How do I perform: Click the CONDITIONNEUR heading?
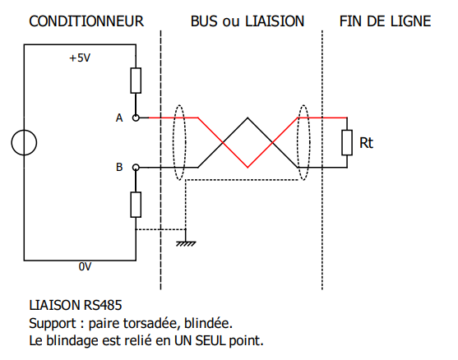pyautogui.click(x=86, y=21)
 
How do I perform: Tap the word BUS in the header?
pyautogui.click(x=204, y=21)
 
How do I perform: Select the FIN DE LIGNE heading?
pyautogui.click(x=385, y=21)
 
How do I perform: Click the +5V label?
pyautogui.click(x=80, y=58)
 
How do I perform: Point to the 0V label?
pyautogui.click(x=85, y=266)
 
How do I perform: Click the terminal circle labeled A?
pyautogui.click(x=136, y=118)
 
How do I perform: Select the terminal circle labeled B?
pyautogui.click(x=136, y=168)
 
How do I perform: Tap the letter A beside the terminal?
pyautogui.click(x=119, y=118)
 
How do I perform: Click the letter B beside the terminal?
pyautogui.click(x=119, y=168)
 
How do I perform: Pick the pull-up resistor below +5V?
pyautogui.click(x=136, y=81)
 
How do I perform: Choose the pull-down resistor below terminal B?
pyautogui.click(x=136, y=205)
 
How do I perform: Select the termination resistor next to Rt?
pyautogui.click(x=347, y=142)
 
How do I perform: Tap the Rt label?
pyautogui.click(x=366, y=143)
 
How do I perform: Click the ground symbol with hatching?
pyautogui.click(x=186, y=243)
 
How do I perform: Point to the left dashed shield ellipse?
pyautogui.click(x=173, y=142)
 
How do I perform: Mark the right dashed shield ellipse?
pyautogui.click(x=298, y=142)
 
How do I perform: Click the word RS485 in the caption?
pyautogui.click(x=103, y=305)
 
